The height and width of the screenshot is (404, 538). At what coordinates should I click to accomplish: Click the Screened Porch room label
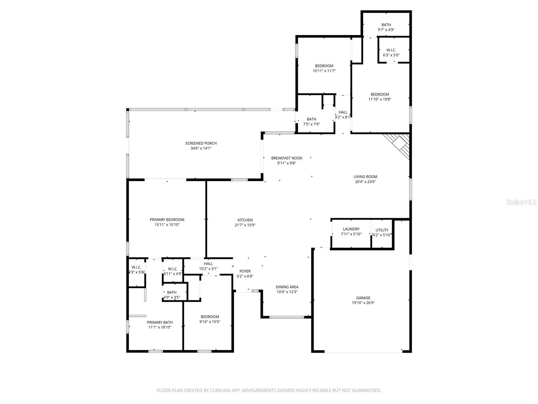point(201,143)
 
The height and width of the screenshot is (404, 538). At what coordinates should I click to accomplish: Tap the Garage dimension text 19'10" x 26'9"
point(363,303)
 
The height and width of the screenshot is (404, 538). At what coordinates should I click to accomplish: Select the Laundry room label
point(351,229)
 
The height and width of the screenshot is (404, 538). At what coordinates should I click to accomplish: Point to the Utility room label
point(382,230)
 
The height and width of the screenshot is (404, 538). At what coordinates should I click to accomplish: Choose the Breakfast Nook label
point(286,158)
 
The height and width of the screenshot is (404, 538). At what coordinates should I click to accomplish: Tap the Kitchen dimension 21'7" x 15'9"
point(245,225)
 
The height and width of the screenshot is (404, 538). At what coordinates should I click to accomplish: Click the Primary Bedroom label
point(167,220)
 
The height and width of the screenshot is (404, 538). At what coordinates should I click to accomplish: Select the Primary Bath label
point(160,322)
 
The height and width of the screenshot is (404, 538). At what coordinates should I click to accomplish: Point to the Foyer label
point(245,271)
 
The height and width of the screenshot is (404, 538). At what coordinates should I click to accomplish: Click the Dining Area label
point(287,287)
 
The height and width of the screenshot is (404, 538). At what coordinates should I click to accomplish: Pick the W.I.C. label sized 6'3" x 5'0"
point(391,50)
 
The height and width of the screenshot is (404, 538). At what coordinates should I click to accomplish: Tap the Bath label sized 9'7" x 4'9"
point(386,25)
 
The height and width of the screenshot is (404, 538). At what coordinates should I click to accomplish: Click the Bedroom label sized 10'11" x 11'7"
point(324,66)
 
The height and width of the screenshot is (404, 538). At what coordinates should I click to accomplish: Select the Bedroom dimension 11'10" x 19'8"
point(380,99)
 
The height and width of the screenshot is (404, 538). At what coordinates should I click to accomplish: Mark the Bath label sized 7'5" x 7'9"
point(311,119)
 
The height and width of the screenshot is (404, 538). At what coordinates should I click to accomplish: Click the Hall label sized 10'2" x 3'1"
point(208,264)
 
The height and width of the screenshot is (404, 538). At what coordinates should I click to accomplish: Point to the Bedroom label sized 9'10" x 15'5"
point(209,316)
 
